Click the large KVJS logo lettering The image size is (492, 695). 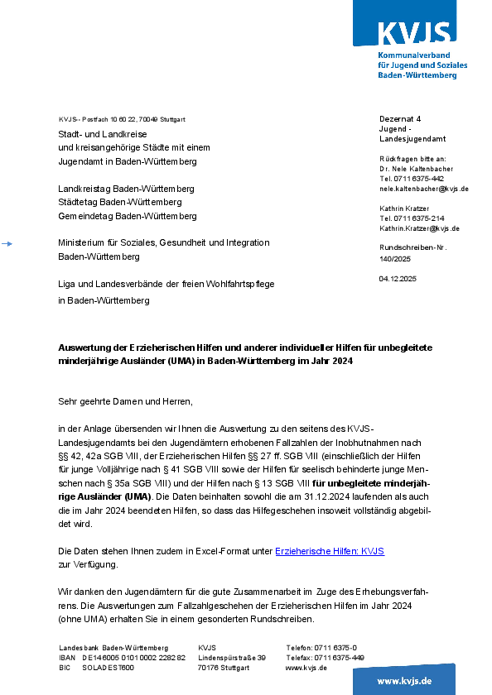point(414,32)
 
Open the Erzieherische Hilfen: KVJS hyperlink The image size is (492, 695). point(329,551)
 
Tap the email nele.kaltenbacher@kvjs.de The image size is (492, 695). point(423,189)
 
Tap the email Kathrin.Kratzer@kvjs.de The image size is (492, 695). point(419,228)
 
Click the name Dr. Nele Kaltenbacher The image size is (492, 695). point(417,168)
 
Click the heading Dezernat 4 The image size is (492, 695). point(400,119)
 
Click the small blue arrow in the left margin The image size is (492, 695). point(7,243)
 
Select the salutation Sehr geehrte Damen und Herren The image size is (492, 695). point(124,402)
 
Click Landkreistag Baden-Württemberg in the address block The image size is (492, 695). point(126,189)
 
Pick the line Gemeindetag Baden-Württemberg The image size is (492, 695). point(127,216)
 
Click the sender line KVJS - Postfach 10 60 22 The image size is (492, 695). point(122,119)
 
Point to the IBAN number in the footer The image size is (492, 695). point(133,658)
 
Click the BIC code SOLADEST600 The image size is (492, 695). point(108,668)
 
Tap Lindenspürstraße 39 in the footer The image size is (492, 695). point(232,658)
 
